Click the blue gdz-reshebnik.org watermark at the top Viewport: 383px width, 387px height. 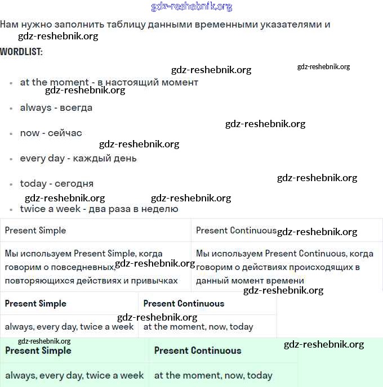coord(191,7)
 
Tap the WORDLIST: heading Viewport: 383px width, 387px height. coord(21,52)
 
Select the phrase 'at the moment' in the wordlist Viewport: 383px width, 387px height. coord(54,82)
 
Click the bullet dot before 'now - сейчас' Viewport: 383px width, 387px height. coord(11,134)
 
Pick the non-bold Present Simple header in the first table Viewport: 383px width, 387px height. coord(35,230)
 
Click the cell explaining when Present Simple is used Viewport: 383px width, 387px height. coord(96,267)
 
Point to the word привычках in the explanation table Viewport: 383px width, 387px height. coord(151,280)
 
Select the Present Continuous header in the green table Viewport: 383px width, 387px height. coord(197,350)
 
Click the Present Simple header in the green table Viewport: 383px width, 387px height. coord(38,350)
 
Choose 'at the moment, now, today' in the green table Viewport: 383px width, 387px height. coord(213,375)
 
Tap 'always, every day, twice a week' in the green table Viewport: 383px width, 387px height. coord(74,375)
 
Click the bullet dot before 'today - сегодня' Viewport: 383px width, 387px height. coord(11,184)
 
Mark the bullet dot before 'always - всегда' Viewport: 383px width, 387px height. coord(11,109)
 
